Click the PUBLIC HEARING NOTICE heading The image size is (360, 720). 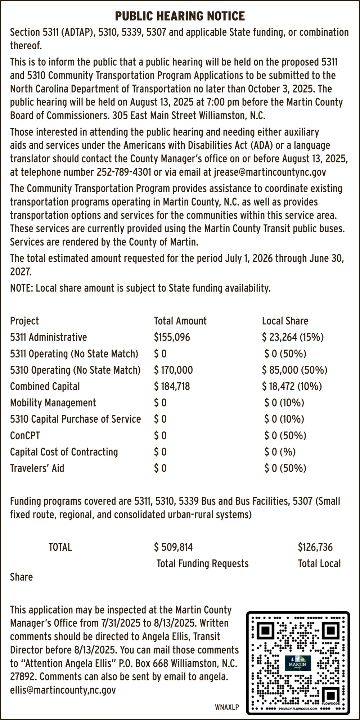tap(180, 16)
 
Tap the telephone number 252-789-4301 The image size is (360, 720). tap(124, 172)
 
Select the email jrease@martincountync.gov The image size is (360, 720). tap(270, 172)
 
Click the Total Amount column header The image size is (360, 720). tap(180, 321)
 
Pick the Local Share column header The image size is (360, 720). tap(285, 321)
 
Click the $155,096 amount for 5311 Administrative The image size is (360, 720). tap(172, 337)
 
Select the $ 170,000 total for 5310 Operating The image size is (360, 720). tap(174, 370)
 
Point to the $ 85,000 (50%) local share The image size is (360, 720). tap(295, 370)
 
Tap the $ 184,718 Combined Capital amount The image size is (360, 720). tap(172, 386)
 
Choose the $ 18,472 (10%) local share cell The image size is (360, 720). tap(292, 386)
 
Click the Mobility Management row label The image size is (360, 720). tap(53, 403)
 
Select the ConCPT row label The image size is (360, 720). tap(25, 436)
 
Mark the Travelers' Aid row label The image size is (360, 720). tap(37, 468)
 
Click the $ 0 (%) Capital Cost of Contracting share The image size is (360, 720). tap(280, 452)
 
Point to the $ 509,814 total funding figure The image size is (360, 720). tap(174, 548)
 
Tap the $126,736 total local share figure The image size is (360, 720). tap(315, 548)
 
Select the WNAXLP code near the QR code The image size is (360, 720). tap(227, 707)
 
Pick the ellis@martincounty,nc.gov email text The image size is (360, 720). tap(63, 690)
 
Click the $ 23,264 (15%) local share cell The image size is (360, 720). tap(293, 337)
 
